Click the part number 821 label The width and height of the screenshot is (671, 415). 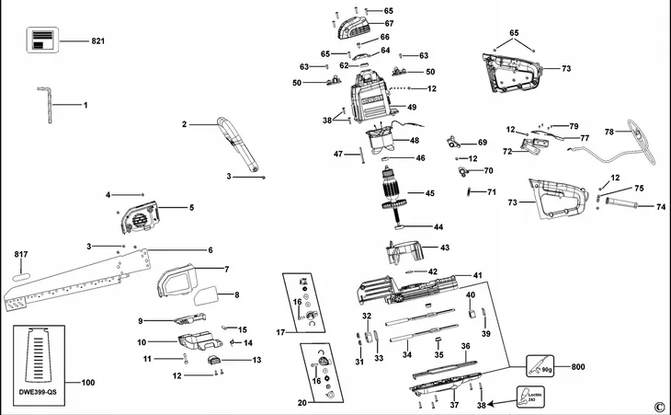tap(99, 42)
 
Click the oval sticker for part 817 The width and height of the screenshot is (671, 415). tap(24, 274)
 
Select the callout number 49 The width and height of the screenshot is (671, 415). tap(412, 108)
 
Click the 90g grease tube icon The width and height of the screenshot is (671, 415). tap(541, 368)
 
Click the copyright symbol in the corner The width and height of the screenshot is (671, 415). tap(658, 406)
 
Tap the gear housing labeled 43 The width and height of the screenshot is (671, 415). tap(405, 248)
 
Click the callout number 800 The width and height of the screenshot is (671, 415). tap(577, 367)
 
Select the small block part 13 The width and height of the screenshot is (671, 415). tap(215, 360)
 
